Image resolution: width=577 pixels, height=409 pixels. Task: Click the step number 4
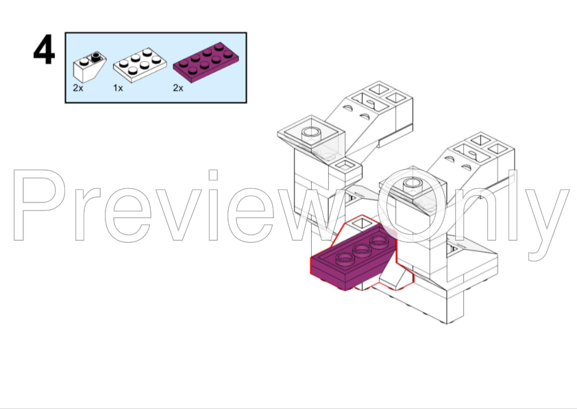[x=44, y=51]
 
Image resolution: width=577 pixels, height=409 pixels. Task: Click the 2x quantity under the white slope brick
[x=77, y=89]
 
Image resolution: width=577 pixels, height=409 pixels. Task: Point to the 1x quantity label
[x=118, y=89]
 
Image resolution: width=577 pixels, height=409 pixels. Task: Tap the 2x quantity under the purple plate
[x=178, y=89]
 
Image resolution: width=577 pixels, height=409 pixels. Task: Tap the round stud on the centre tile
[x=412, y=183]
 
